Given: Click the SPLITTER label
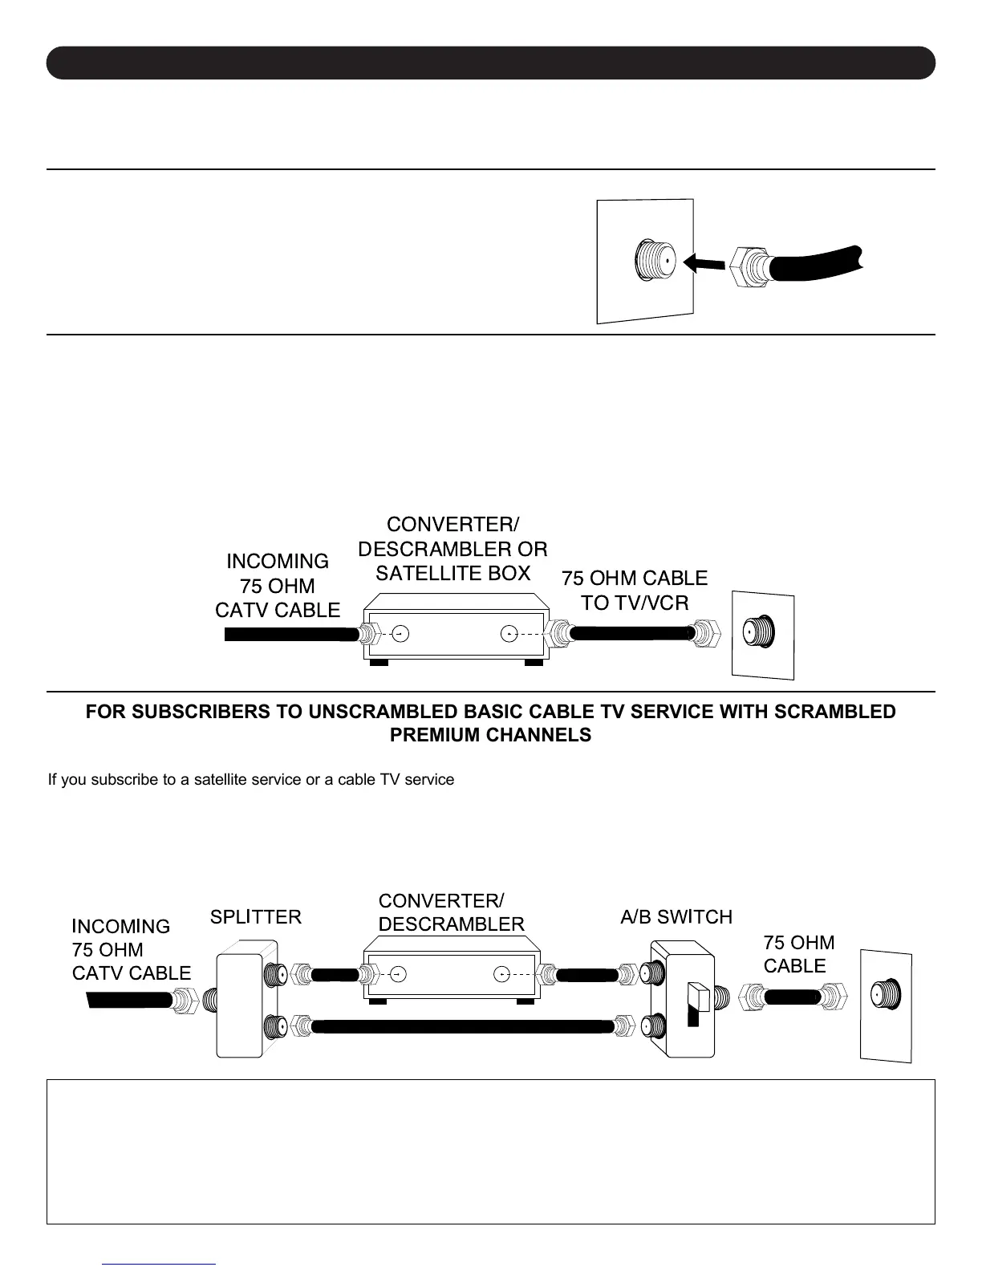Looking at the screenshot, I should coord(256,916).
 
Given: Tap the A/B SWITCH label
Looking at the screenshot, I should coord(676,916).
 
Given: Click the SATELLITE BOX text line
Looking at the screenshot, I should coord(453,573).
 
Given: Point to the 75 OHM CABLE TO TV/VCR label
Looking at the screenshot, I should coord(635,591).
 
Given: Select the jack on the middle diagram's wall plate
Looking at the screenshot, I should coord(759,631).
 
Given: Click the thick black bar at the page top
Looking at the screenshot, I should coord(491,63).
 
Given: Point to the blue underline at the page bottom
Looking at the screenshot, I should coord(160,1264).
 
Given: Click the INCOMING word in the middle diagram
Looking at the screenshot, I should coord(278,561).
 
